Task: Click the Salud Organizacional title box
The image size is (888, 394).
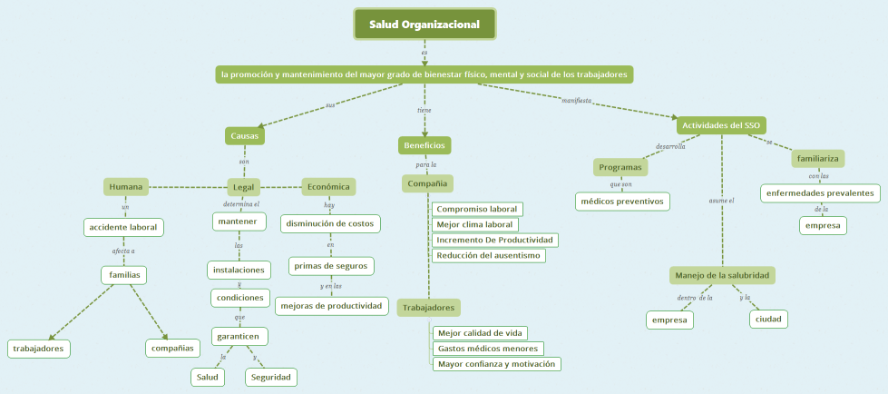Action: [424, 25]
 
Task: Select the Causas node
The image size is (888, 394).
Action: [245, 136]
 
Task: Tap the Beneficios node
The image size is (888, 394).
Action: [424, 145]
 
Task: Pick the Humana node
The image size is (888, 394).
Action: [126, 187]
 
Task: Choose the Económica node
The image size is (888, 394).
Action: [328, 187]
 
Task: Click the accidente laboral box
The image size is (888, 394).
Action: [123, 227]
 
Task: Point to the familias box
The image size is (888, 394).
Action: [123, 274]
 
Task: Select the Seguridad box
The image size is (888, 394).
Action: [270, 377]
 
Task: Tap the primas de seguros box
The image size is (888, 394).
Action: [331, 266]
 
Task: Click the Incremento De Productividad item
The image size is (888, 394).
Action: [494, 240]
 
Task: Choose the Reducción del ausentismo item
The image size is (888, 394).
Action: [489, 255]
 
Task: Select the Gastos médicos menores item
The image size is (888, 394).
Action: [488, 349]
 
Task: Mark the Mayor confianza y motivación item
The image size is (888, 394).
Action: [496, 364]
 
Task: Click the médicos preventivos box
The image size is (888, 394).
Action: [623, 201]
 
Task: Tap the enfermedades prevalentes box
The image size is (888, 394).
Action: [820, 193]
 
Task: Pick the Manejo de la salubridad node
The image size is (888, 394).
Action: [724, 275]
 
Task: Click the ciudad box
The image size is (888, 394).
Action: [768, 319]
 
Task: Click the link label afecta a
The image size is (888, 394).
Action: [123, 251]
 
